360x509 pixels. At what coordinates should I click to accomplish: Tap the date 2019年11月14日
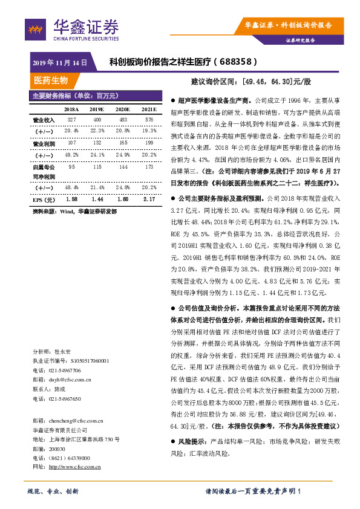59,62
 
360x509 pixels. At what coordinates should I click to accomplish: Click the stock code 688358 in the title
238,62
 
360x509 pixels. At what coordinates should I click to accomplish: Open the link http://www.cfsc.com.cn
74,466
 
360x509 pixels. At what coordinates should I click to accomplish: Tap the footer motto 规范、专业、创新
54,491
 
